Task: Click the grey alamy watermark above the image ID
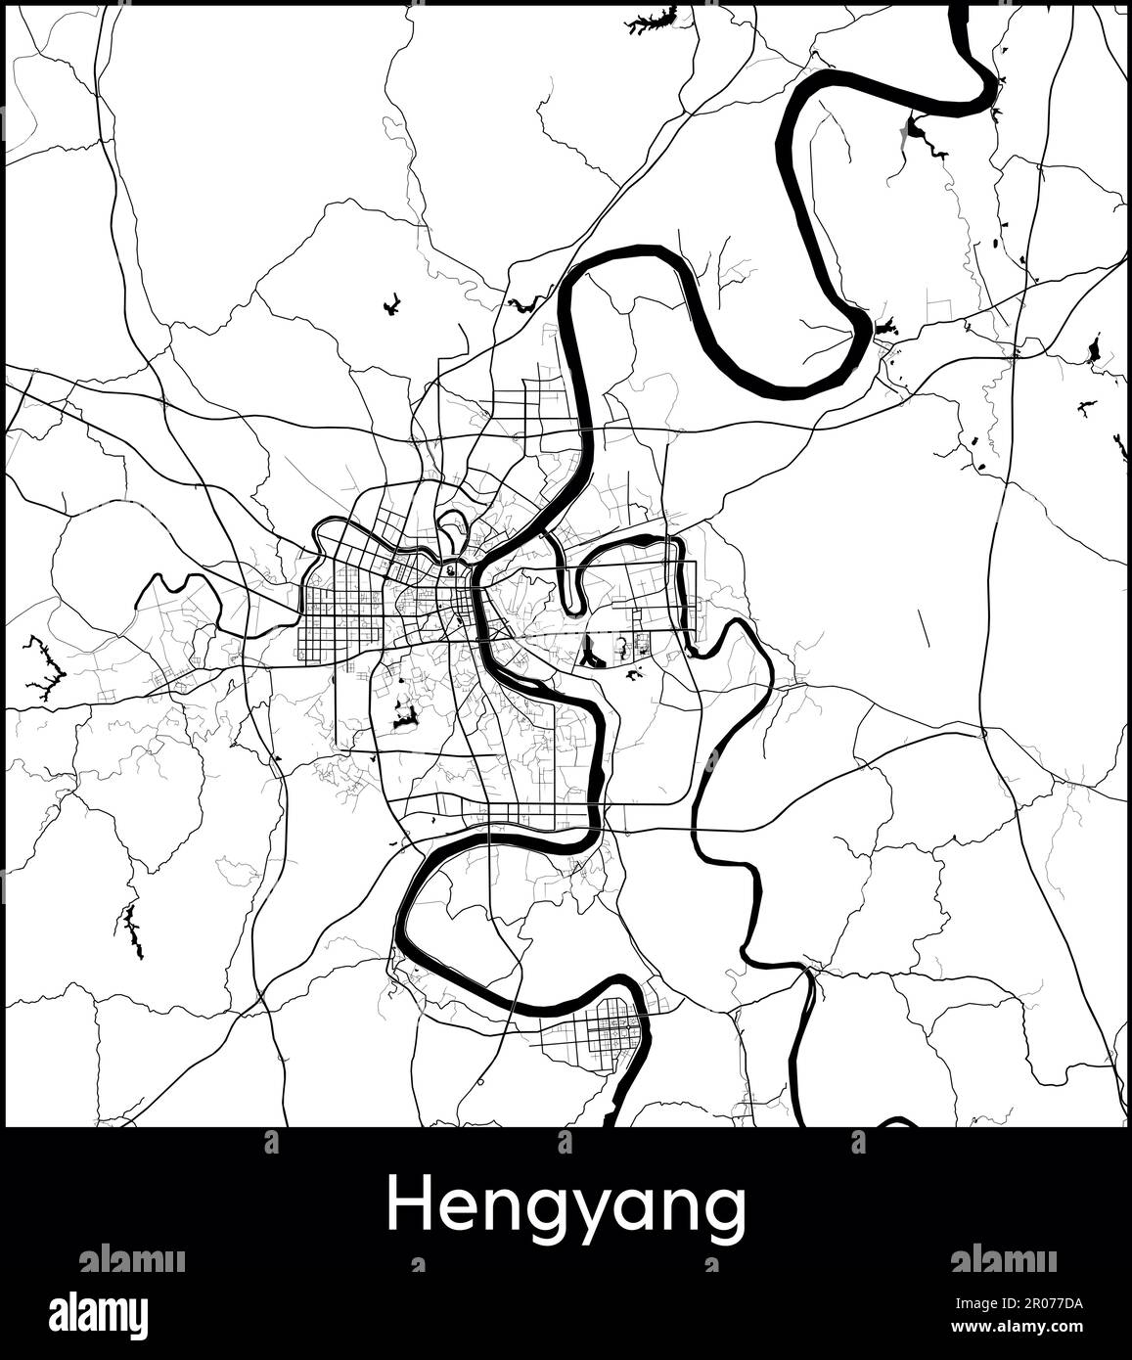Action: tap(1004, 1259)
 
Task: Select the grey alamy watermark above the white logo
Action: tap(131, 1259)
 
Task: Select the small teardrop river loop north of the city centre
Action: tap(451, 529)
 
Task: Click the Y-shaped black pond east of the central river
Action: tap(592, 652)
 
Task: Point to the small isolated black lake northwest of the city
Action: tap(391, 305)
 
